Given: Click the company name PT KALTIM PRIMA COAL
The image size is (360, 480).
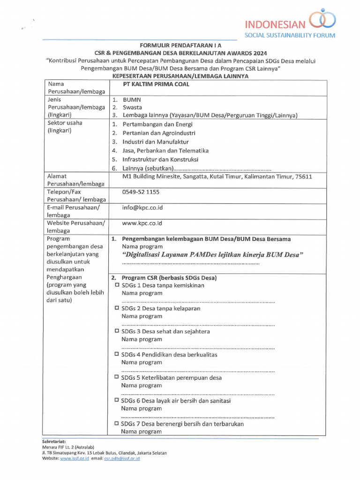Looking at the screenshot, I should point(156,84).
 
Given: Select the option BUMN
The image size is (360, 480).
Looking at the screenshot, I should point(132,100).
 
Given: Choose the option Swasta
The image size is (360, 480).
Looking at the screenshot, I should point(132,107).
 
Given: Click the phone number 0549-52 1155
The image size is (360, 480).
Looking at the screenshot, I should point(141,192).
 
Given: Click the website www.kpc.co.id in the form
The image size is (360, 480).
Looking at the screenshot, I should point(142,223).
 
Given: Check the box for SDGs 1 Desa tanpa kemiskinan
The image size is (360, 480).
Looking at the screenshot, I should point(117,285).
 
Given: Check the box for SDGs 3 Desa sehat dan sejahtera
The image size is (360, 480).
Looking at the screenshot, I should point(117,331).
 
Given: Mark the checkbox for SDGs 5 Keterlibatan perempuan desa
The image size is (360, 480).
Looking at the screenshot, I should point(117,377).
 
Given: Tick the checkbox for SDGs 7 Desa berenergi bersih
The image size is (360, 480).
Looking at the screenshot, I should point(117,423).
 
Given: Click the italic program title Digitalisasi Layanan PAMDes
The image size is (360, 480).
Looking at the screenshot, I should point(212,255).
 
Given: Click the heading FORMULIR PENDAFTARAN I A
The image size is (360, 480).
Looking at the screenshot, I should point(180,45).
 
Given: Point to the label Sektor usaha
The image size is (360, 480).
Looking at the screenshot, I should point(65,123).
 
